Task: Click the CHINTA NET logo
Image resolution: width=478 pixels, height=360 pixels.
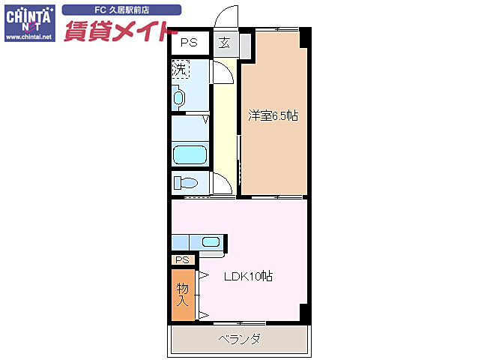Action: point(28,18)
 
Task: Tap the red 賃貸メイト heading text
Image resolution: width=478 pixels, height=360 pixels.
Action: point(120,32)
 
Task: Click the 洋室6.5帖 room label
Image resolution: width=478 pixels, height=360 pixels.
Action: point(273,115)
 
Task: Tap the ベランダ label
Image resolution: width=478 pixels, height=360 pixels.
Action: point(240,339)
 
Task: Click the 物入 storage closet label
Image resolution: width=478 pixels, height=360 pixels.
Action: point(182,294)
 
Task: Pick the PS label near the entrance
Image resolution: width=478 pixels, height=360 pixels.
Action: point(188,43)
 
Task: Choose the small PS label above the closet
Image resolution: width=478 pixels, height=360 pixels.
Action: point(182,259)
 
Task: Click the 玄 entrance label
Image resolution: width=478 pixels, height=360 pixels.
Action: point(225,43)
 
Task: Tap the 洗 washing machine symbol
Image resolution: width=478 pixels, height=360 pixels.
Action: point(180,69)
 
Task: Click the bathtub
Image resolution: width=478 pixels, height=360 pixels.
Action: point(190,155)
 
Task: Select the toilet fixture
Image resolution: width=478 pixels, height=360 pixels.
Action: point(186,182)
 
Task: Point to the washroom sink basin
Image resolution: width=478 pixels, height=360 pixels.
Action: point(178,97)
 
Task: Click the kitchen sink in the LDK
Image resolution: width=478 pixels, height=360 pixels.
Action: point(211,241)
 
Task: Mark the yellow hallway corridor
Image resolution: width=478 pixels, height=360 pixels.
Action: point(224,127)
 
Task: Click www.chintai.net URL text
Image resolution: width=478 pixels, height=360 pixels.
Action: point(28,36)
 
